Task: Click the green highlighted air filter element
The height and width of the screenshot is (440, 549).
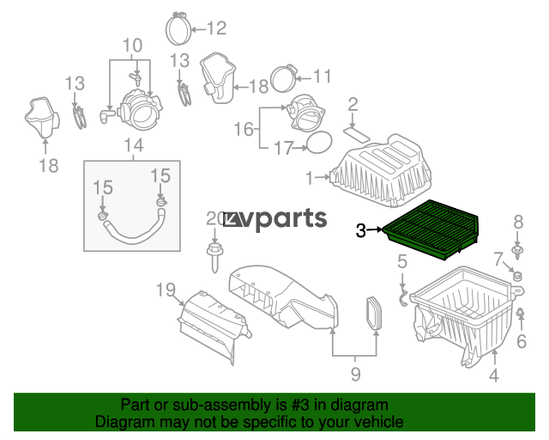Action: click(x=431, y=229)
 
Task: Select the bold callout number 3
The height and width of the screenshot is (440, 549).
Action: click(x=360, y=231)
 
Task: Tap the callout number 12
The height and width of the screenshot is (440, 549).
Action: click(x=217, y=28)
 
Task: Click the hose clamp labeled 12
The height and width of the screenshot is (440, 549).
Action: click(x=178, y=27)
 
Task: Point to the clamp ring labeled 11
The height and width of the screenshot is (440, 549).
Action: click(x=284, y=78)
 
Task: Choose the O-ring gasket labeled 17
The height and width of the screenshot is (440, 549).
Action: click(x=319, y=143)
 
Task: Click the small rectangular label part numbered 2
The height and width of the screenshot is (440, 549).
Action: click(x=357, y=135)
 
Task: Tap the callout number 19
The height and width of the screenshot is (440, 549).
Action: click(x=166, y=290)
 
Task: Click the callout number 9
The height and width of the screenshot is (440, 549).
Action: click(x=355, y=375)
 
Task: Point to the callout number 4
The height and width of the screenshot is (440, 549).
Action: click(x=494, y=375)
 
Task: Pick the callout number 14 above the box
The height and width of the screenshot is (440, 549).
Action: click(x=134, y=145)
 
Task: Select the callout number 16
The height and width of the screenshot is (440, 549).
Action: click(x=244, y=129)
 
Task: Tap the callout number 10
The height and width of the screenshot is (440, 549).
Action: click(x=133, y=46)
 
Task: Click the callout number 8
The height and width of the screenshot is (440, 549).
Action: click(x=518, y=222)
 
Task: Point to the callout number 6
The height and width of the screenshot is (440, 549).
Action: click(x=522, y=341)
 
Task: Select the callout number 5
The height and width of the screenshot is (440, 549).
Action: click(x=402, y=261)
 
